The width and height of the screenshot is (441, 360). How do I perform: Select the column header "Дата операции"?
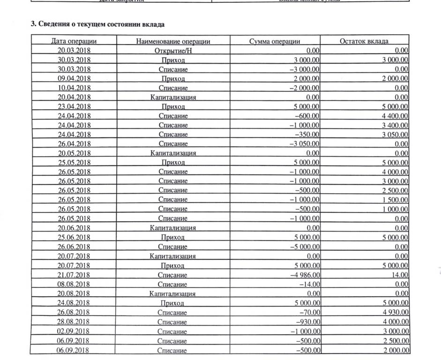[x=74, y=41]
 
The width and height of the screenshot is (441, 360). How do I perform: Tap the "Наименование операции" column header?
[x=173, y=41]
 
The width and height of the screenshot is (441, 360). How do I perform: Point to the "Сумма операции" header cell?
[x=275, y=41]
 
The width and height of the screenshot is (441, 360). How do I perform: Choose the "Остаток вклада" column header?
[x=364, y=41]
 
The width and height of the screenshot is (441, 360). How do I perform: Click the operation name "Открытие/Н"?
[x=173, y=51]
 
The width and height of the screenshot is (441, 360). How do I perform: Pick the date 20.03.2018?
[x=74, y=51]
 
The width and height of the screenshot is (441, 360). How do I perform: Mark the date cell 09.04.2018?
[x=74, y=78]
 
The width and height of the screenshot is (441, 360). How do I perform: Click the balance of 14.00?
[x=400, y=275]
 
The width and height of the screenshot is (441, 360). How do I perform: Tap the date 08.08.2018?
[x=74, y=285]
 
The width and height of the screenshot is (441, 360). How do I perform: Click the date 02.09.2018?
[x=74, y=331]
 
